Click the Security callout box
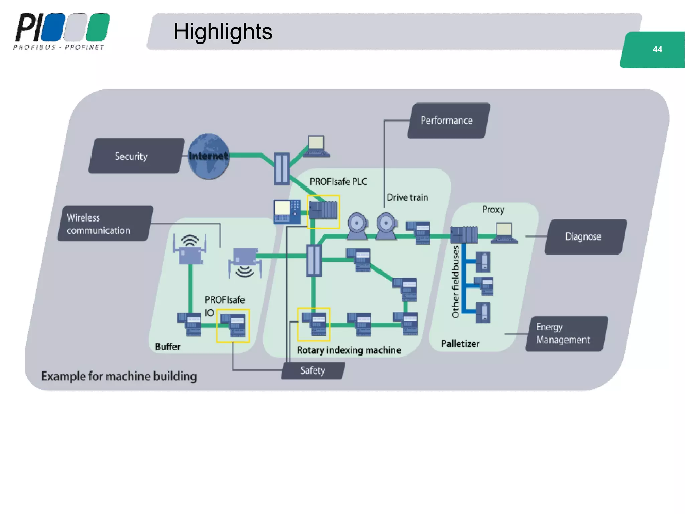[x=136, y=156]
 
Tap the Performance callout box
[x=448, y=120]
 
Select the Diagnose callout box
[x=585, y=237]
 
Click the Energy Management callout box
[x=566, y=334]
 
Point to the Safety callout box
[x=313, y=370]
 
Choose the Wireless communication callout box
[x=104, y=224]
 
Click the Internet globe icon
[x=209, y=156]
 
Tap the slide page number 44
[x=657, y=49]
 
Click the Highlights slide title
[x=223, y=32]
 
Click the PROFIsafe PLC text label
[x=338, y=182]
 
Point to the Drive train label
[x=407, y=197]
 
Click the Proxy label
[x=493, y=210]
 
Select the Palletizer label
[x=460, y=344]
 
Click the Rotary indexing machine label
[x=349, y=350]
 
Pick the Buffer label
[x=168, y=347]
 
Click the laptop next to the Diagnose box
[x=505, y=233]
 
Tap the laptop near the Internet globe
[x=317, y=146]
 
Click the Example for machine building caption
[x=119, y=376]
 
